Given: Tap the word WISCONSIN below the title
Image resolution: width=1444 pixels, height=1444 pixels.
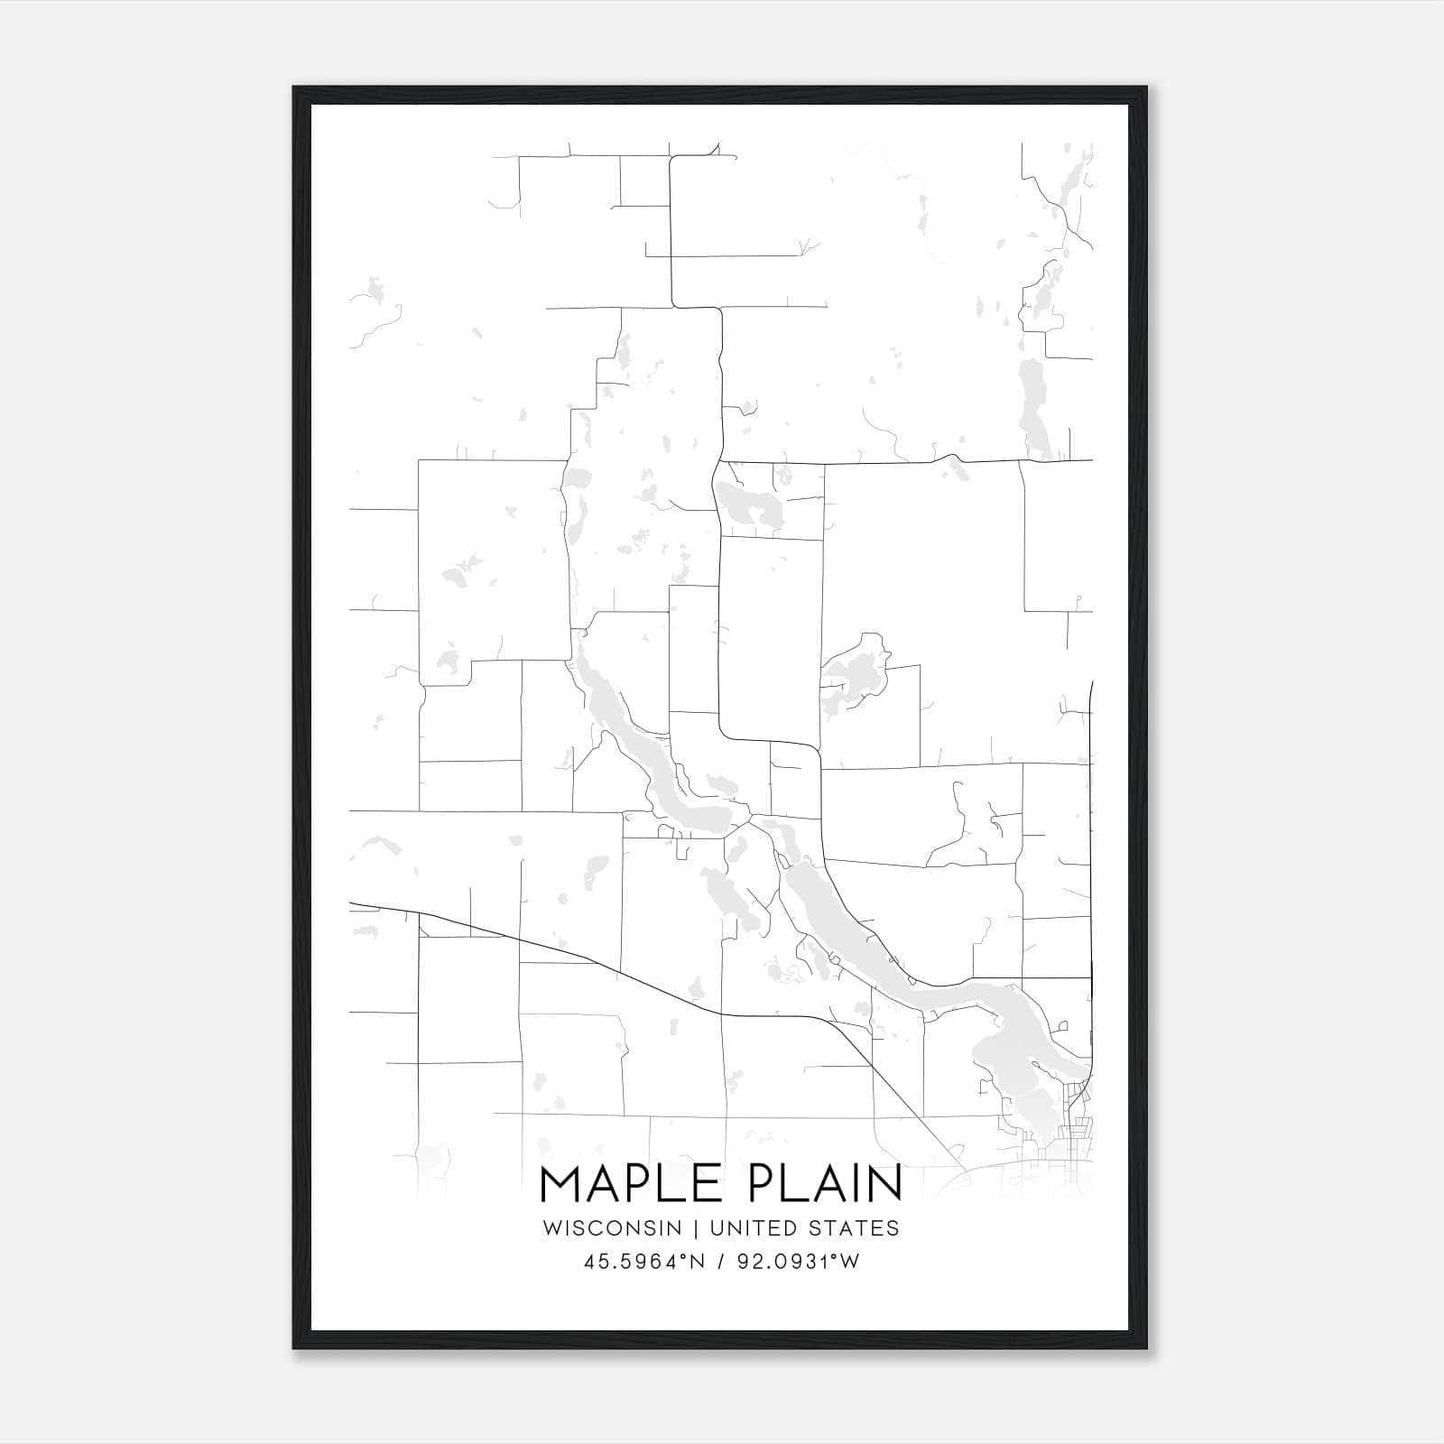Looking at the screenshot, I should pyautogui.click(x=618, y=1227).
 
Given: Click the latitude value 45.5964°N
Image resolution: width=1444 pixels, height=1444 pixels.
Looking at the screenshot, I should pyautogui.click(x=642, y=1261).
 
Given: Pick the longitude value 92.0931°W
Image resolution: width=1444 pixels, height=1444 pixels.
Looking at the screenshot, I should pyautogui.click(x=797, y=1261).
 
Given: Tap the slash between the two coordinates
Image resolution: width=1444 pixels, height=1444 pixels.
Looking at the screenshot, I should pyautogui.click(x=719, y=1261).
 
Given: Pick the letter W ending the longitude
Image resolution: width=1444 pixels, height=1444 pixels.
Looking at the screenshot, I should pyautogui.click(x=850, y=1261).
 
